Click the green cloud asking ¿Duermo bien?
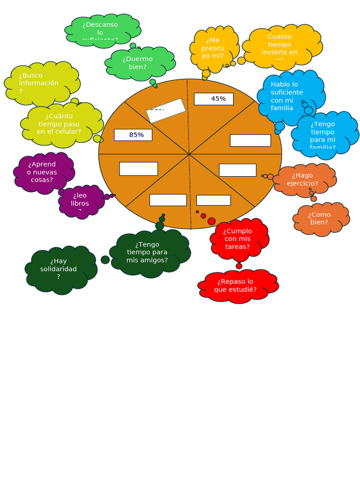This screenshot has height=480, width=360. (139, 63)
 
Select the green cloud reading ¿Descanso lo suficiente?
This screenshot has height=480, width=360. (102, 30)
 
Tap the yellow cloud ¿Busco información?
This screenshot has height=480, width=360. (41, 83)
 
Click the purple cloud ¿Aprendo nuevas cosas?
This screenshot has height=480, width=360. (43, 172)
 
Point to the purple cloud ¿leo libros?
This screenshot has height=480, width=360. (81, 202)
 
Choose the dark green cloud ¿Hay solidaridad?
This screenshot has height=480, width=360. (60, 270)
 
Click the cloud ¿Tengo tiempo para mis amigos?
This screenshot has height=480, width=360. (148, 253)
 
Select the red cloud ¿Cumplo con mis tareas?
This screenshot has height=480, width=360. (238, 239)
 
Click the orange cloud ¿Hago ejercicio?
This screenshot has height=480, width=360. (303, 180)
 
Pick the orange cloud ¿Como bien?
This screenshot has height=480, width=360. (320, 218)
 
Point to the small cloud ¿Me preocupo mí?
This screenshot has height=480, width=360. (213, 49)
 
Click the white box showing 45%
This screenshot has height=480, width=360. (214, 99)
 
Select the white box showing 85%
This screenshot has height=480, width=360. (133, 135)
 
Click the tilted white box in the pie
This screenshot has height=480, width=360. (166, 110)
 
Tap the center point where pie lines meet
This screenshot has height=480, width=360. (189, 154)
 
